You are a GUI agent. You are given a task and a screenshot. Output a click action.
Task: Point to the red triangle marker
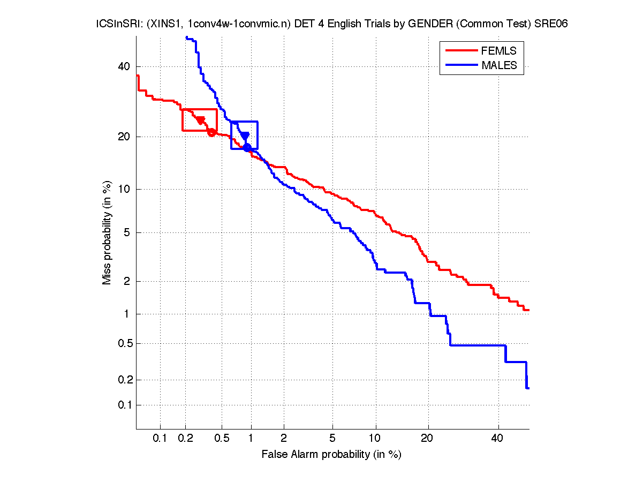click(200, 120)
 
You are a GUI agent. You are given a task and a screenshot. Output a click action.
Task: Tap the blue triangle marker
click(245, 136)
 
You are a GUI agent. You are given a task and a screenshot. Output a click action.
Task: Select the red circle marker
click(211, 132)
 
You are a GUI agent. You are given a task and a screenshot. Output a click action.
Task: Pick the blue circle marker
click(247, 147)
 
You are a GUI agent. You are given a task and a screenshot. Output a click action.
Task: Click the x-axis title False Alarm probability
click(331, 455)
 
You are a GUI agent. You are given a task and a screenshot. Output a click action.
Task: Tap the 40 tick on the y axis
click(124, 66)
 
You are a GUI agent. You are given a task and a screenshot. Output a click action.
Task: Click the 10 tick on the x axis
click(376, 438)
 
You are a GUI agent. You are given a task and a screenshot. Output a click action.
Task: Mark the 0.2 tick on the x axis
click(185, 438)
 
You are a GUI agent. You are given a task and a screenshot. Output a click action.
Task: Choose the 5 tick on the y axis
click(127, 232)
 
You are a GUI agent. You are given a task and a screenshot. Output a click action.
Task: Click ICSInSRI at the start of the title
click(111, 24)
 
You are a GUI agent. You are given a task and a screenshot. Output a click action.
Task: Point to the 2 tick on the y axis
click(127, 281)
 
